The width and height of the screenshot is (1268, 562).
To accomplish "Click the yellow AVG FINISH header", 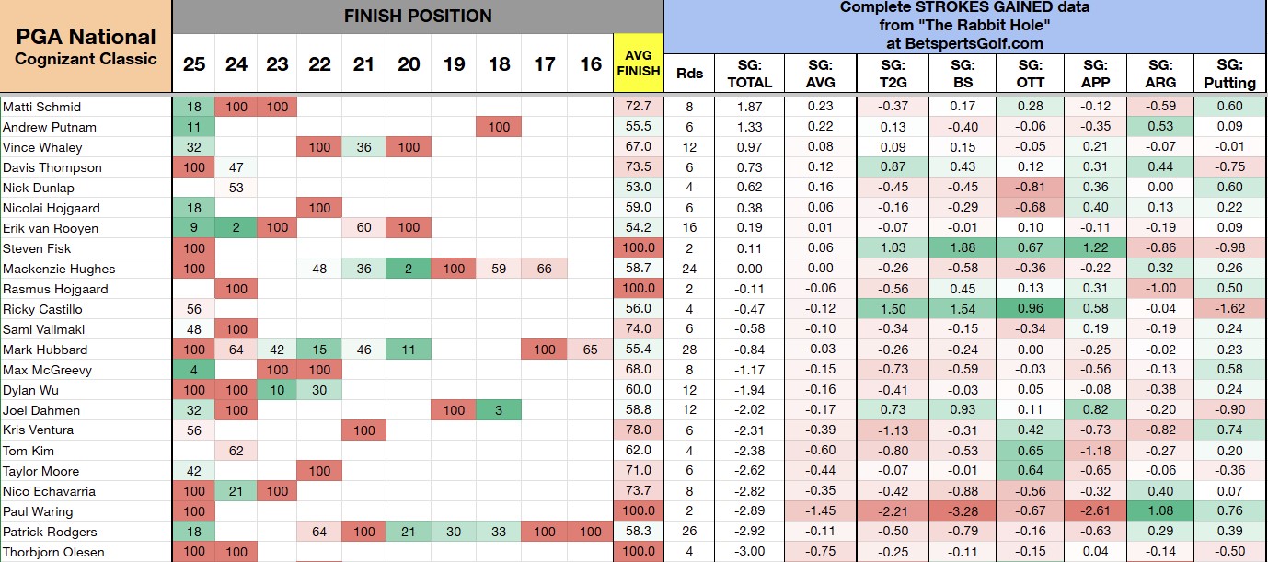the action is [x=638, y=63].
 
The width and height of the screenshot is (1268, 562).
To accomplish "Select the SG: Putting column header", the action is [x=1229, y=74].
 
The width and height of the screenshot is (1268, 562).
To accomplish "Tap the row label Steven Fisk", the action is [x=37, y=248].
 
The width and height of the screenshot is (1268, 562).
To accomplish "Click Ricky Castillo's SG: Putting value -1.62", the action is [x=1229, y=308].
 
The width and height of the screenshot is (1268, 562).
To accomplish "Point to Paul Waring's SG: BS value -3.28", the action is [x=963, y=511].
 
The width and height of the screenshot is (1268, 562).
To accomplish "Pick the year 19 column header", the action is [x=454, y=64].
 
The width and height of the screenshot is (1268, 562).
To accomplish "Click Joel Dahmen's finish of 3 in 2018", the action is [x=499, y=409].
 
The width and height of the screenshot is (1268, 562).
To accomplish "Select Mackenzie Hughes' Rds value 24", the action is [x=689, y=269].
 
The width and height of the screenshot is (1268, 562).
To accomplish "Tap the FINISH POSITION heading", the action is [x=418, y=16].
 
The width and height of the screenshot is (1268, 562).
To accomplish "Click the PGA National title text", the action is [x=86, y=37].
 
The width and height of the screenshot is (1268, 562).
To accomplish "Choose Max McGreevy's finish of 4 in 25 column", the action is [x=193, y=370].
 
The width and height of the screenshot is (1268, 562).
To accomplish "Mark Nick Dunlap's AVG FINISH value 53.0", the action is [x=638, y=188].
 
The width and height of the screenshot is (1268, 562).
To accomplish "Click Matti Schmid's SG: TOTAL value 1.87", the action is [x=749, y=107].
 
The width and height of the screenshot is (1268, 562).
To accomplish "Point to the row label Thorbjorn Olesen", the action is [x=53, y=552].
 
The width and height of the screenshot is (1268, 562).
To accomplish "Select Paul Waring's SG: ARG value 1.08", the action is [x=1160, y=511].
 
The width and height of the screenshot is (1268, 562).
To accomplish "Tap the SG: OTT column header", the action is [x=1030, y=74].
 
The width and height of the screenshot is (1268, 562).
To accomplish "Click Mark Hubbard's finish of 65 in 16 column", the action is [x=590, y=350].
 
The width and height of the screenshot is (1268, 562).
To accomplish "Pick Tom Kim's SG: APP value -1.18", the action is [x=1095, y=451].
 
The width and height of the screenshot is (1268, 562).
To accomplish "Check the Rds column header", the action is [x=689, y=74].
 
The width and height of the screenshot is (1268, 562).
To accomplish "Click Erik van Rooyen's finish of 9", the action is [x=193, y=228].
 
